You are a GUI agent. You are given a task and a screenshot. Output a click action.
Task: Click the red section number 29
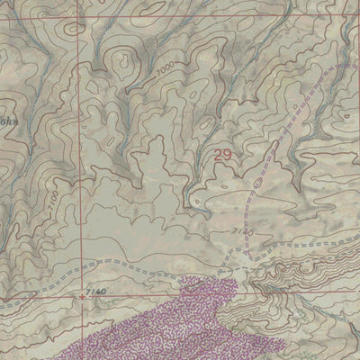coord(224,156)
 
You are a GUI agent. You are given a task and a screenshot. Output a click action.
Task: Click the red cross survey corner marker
coord(83,294)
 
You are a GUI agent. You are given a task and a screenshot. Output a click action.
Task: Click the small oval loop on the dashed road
coord(258,184)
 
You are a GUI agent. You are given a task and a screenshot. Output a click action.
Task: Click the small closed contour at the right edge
coord(349,114)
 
